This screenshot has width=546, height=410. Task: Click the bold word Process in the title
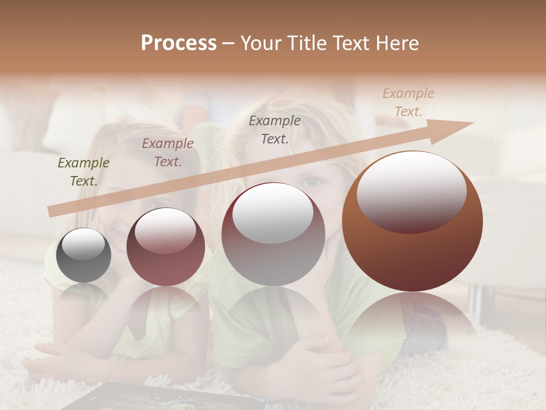point(179,43)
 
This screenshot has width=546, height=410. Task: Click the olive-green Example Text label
point(83,172)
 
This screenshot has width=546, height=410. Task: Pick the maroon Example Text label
point(168,153)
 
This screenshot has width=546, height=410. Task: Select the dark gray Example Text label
point(275,129)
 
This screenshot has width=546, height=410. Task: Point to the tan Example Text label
point(408,102)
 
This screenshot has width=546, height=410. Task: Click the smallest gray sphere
point(84,255)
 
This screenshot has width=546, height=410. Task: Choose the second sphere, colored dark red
point(166,247)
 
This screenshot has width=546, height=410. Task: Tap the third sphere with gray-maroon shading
point(273,234)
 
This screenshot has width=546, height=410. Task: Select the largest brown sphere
point(412,222)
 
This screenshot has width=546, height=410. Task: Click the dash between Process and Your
point(229,43)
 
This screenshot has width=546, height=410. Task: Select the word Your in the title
point(260,43)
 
